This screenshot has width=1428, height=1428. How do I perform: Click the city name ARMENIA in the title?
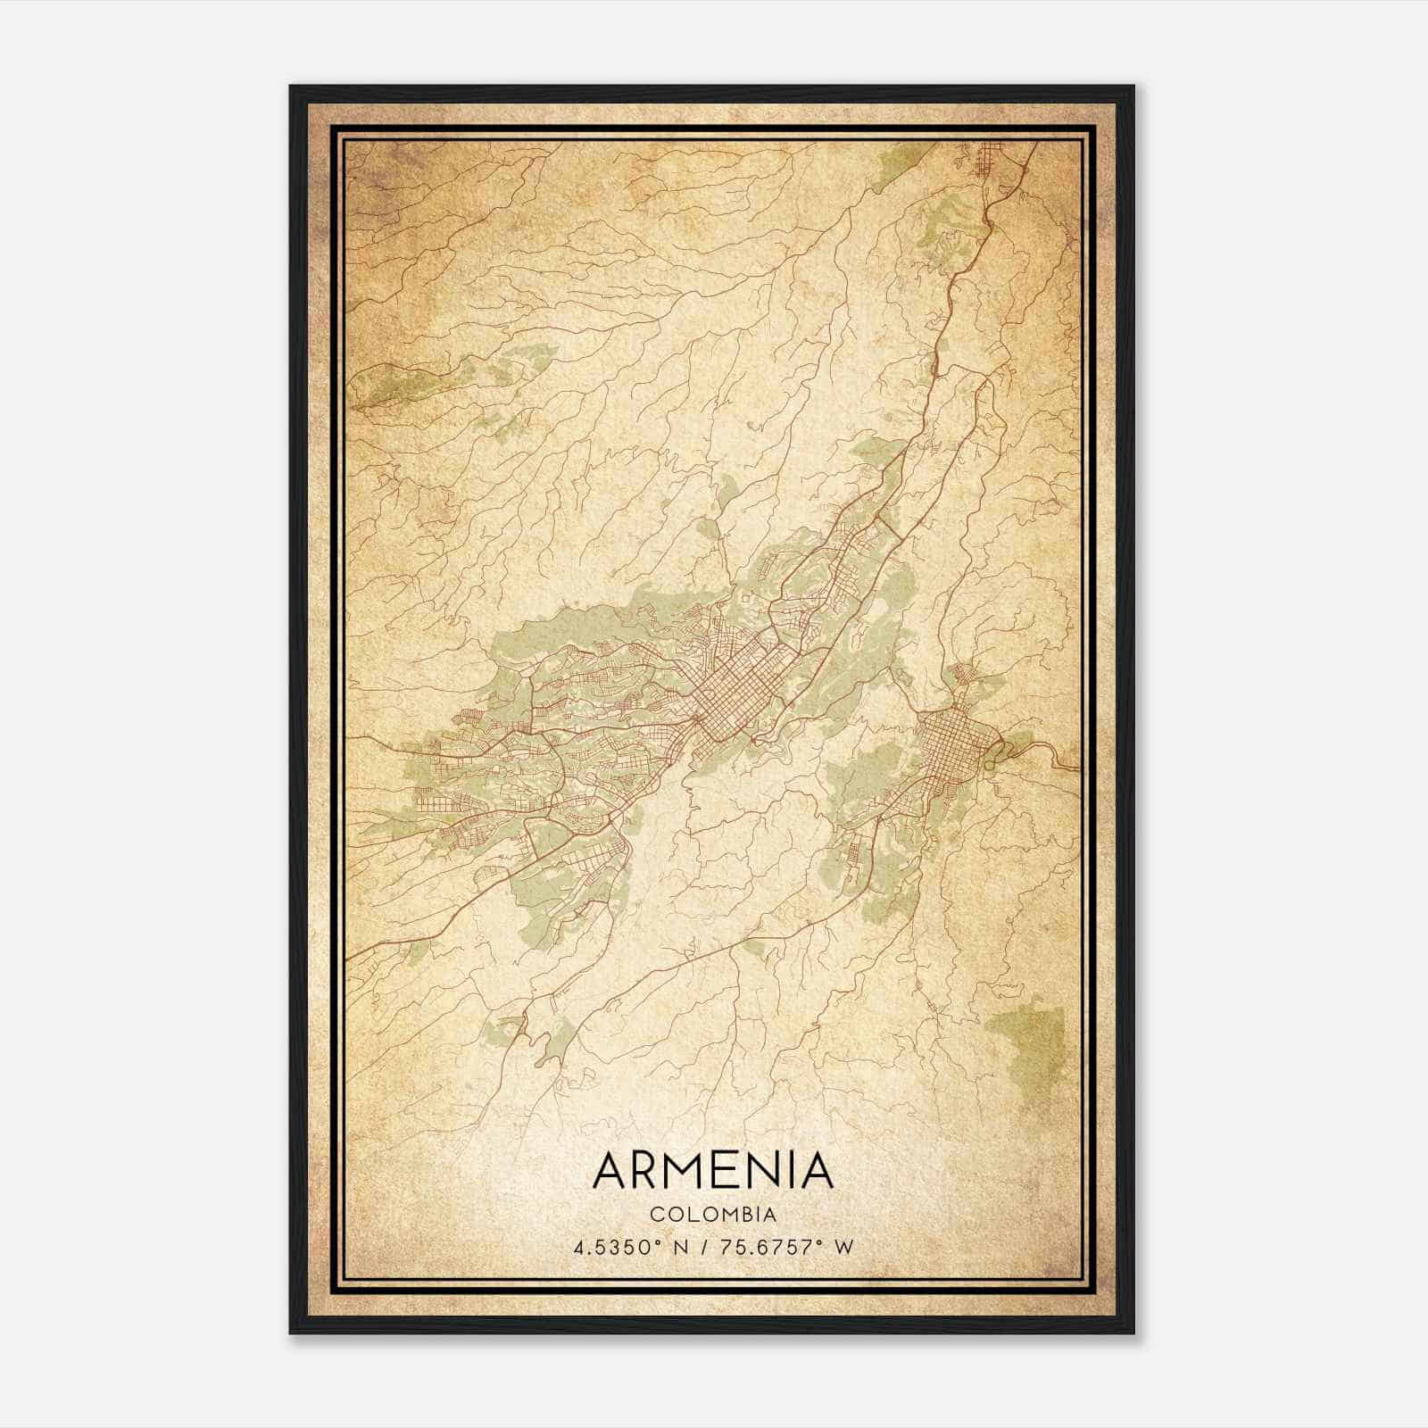712,1171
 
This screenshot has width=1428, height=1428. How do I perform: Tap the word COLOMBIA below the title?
713,1215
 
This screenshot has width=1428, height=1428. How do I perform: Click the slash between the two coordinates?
705,1247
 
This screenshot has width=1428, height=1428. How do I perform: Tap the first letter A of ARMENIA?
610,1171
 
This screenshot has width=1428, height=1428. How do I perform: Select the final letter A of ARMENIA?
816,1171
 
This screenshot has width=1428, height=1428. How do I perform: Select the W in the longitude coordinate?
844,1247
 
